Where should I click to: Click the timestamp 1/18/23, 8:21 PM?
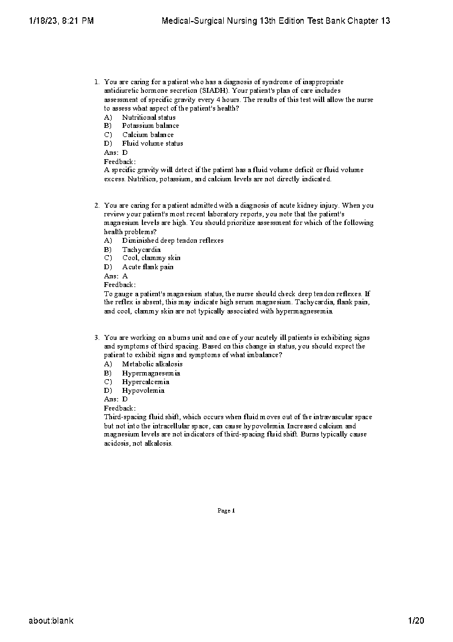[60, 21]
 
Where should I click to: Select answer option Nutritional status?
[148, 117]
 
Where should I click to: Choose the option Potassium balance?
[150, 126]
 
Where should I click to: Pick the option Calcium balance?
[148, 135]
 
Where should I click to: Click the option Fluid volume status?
[153, 144]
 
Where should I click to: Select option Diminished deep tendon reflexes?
[173, 241]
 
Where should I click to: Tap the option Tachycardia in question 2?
[141, 250]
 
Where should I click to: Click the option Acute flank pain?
[148, 267]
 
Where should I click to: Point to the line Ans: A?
[116, 276]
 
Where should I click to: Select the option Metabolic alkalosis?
[152, 364]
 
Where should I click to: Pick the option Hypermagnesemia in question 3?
[151, 373]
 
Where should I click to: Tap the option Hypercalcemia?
[146, 382]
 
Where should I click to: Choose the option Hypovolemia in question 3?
[143, 391]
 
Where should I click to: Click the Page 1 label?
[226, 510]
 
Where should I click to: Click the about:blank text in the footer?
[51, 620]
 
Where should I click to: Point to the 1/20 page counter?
[416, 620]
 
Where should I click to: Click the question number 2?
[97, 206]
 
